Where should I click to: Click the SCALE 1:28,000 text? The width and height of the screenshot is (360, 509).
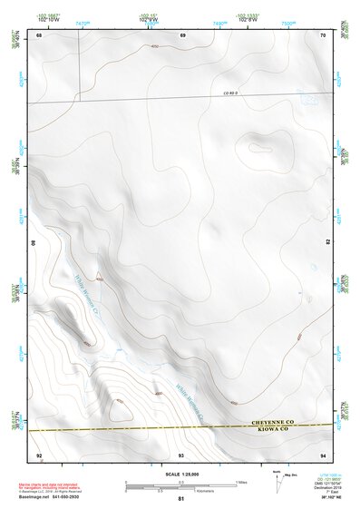tap(180, 474)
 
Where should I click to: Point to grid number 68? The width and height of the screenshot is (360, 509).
tap(39, 34)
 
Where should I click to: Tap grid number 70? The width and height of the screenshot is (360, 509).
tap(324, 34)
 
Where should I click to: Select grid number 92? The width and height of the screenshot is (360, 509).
tap(38, 454)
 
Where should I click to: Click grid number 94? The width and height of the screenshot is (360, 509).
tap(323, 454)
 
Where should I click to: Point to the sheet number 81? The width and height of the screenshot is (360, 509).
tap(181, 499)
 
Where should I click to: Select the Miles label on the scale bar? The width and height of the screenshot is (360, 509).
tap(241, 481)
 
